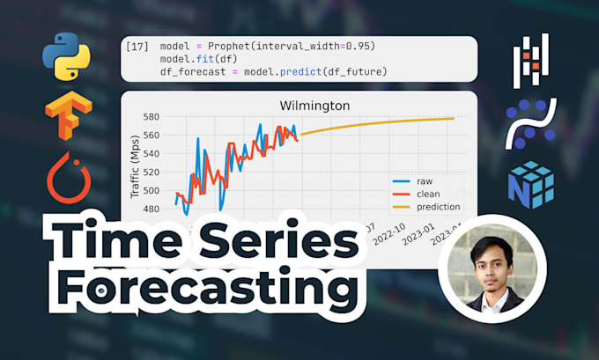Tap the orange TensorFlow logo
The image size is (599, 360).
68,118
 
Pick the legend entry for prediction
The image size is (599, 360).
439,208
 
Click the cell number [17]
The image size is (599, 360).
137,46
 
